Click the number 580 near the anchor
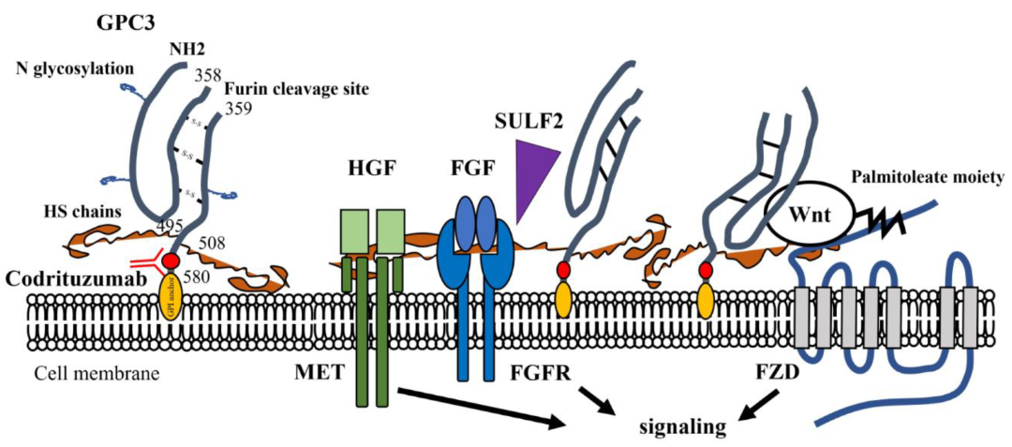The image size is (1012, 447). [x=220, y=276]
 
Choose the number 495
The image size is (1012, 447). [x=170, y=224]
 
